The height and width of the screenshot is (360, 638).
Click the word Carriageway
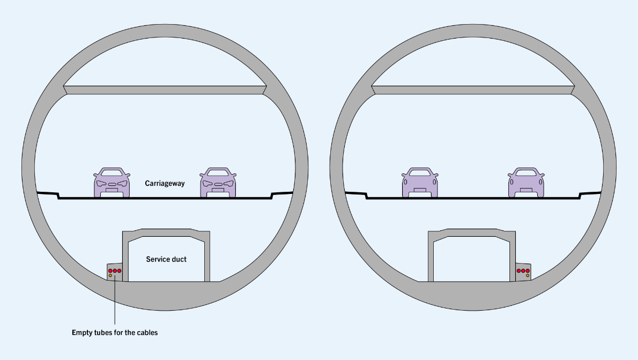point(165,183)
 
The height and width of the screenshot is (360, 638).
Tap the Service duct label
point(166,259)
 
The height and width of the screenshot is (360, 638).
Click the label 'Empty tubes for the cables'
point(115,333)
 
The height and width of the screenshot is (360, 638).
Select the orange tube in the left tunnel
point(110,276)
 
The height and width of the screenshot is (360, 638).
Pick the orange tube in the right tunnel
point(528,276)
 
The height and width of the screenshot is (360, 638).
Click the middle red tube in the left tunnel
point(115,271)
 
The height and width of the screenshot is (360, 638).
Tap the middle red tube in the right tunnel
point(523,271)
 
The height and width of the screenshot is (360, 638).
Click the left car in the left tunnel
point(112,182)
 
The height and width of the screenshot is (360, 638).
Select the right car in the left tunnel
point(218,182)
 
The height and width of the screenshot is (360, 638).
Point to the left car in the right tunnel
point(420,182)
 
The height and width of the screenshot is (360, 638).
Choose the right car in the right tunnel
point(526,182)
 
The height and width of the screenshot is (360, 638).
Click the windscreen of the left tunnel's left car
point(112,173)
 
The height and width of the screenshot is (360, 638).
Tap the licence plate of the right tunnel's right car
point(526,190)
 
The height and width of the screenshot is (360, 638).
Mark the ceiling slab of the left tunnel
point(165,90)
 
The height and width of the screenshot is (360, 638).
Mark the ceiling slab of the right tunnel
point(472,90)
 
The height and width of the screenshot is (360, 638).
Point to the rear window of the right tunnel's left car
point(420,173)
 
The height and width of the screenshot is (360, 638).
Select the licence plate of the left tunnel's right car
point(218,190)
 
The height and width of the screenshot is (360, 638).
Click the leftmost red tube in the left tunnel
point(110,271)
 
